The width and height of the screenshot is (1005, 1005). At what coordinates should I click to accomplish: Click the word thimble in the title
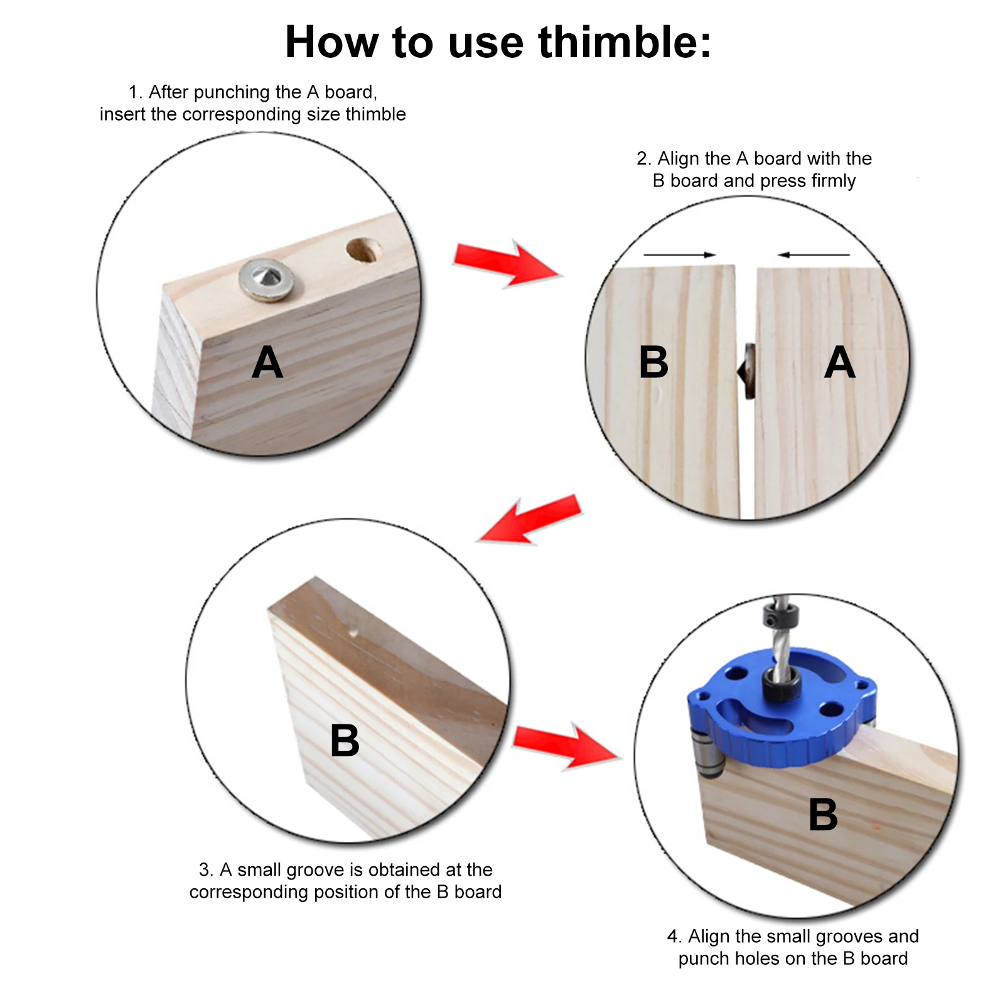[624, 43]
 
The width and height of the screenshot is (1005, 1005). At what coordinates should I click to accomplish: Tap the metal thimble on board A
[267, 279]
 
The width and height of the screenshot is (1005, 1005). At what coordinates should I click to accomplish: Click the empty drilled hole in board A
[363, 250]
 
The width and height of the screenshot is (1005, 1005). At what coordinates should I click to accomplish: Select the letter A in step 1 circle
[267, 363]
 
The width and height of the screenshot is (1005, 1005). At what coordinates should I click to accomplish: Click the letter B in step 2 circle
[653, 363]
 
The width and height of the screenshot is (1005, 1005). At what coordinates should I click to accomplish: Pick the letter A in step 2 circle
[840, 363]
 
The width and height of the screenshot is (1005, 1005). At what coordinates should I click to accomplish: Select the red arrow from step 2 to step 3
[530, 520]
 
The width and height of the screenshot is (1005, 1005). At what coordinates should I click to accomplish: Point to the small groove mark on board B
[353, 633]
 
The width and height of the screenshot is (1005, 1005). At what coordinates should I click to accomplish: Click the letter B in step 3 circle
[345, 741]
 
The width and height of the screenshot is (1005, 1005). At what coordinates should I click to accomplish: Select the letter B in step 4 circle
[823, 815]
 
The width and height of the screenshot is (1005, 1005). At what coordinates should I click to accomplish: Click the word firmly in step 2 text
[832, 181]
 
